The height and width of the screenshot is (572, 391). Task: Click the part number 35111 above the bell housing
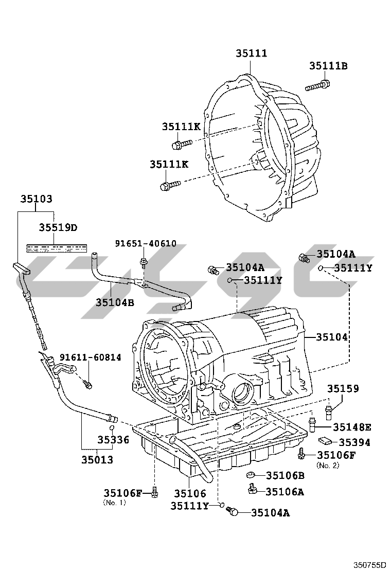pyautogui.click(x=251, y=53)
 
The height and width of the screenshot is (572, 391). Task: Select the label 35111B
pyautogui.click(x=328, y=66)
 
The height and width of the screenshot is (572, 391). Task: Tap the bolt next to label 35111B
pyautogui.click(x=317, y=85)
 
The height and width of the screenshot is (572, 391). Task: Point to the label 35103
pyautogui.click(x=36, y=199)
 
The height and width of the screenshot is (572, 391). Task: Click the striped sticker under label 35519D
pyautogui.click(x=57, y=247)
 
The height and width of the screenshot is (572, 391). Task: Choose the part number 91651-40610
pyautogui.click(x=145, y=243)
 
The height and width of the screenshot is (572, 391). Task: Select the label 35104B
pyautogui.click(x=114, y=302)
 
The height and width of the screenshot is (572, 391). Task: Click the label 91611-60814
pyautogui.click(x=91, y=357)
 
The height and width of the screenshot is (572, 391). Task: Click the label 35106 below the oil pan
pyautogui.click(x=190, y=493)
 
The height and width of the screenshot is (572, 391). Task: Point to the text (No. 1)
pyautogui.click(x=114, y=502)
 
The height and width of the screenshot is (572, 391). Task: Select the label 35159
pyautogui.click(x=343, y=389)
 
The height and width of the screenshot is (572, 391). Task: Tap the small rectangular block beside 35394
pyautogui.click(x=325, y=440)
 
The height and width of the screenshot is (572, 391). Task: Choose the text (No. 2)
pyautogui.click(x=328, y=465)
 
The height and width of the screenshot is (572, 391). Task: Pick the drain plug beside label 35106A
pyautogui.click(x=252, y=489)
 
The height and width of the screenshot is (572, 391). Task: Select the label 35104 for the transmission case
pyautogui.click(x=332, y=337)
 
